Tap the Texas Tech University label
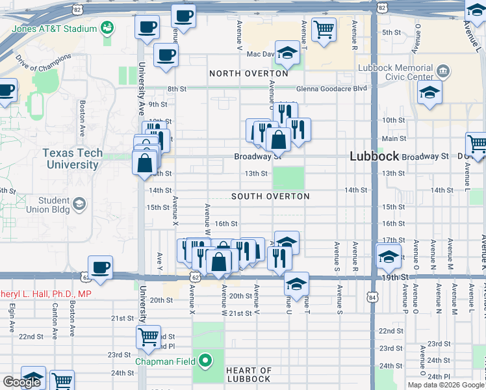[x=71, y=159]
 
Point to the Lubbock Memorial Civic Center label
[x=396, y=73]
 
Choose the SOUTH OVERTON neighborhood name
[x=270, y=196]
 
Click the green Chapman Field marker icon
[x=205, y=359]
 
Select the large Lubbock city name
[x=374, y=157]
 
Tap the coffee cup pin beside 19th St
[x=100, y=267]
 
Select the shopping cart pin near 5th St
[x=324, y=29]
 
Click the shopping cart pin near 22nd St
[x=149, y=337]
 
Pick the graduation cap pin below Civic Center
[x=429, y=92]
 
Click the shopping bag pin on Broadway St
[x=278, y=138]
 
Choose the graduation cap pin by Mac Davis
[x=287, y=53]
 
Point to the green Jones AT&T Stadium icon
[x=106, y=28]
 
